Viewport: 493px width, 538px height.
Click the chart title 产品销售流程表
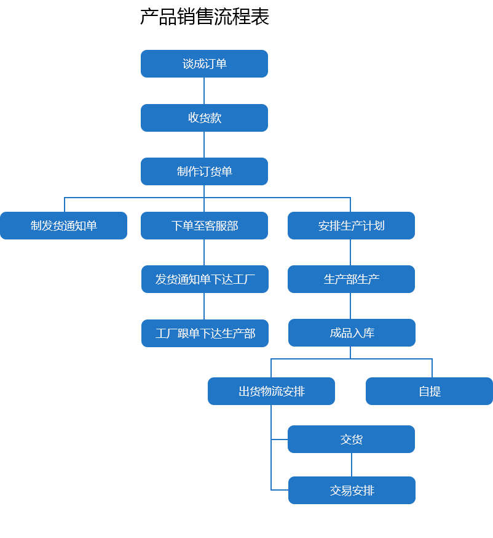(x=204, y=17)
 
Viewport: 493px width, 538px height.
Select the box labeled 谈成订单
(x=204, y=64)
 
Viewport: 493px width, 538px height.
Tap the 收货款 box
(x=204, y=118)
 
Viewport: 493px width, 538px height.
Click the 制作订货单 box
(x=204, y=171)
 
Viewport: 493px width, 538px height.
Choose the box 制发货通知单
(x=64, y=225)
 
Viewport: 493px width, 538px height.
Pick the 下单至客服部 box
(x=204, y=225)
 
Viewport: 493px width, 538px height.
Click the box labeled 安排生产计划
(x=351, y=225)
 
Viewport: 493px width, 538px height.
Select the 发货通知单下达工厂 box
(x=205, y=279)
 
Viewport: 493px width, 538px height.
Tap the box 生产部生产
(x=351, y=279)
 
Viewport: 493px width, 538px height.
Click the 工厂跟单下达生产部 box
(x=205, y=333)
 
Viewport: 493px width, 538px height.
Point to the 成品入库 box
(x=352, y=332)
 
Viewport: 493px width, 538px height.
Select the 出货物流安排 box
(x=271, y=391)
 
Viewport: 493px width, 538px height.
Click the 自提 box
(x=429, y=391)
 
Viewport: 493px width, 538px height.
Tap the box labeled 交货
(x=351, y=439)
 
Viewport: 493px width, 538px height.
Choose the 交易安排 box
(x=352, y=490)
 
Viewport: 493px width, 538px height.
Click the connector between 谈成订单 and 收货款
(x=204, y=90)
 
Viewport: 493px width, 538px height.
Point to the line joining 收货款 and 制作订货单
(x=204, y=145)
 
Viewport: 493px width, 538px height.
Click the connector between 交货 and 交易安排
(x=352, y=465)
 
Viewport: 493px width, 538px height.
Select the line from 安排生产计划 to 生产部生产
(x=350, y=252)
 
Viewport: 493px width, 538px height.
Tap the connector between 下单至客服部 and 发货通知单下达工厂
(x=204, y=252)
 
